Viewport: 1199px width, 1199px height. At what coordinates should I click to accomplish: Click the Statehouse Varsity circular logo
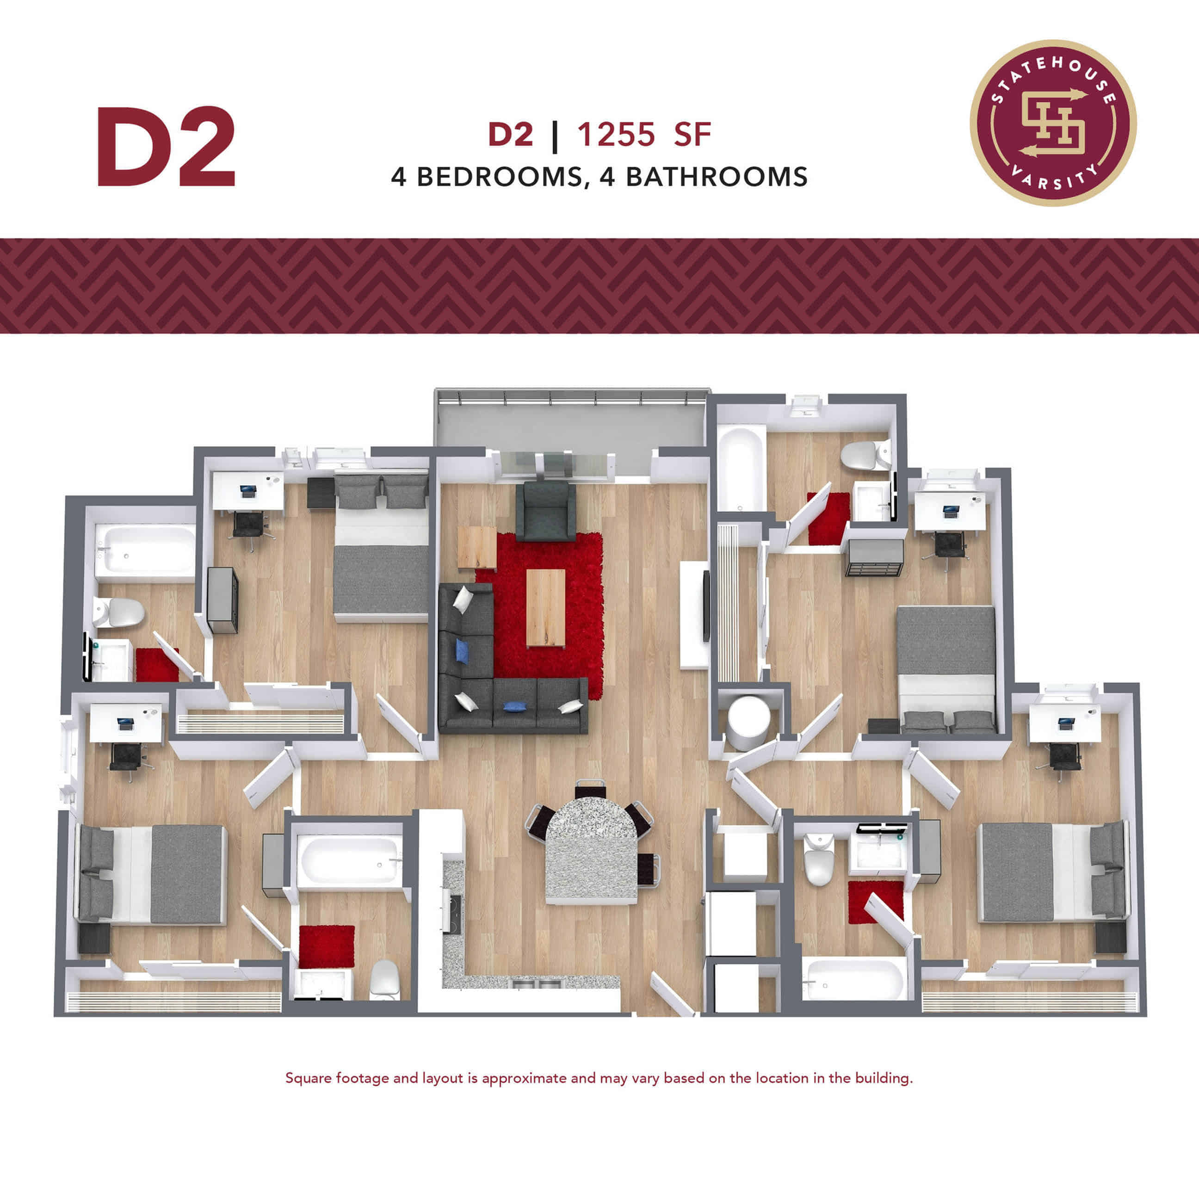coord(1053,123)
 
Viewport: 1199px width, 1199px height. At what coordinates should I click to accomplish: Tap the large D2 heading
coord(166,147)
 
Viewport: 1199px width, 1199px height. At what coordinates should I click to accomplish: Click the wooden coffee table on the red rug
coord(545,607)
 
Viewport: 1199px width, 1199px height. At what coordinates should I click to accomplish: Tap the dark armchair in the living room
coord(545,512)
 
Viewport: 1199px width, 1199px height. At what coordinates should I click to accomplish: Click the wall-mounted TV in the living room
coord(705,606)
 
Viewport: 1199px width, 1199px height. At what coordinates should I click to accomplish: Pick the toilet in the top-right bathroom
coord(865,455)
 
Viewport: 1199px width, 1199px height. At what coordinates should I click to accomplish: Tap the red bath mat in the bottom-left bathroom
coord(327,946)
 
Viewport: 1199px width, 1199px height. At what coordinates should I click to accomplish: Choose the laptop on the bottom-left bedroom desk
coord(125,723)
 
